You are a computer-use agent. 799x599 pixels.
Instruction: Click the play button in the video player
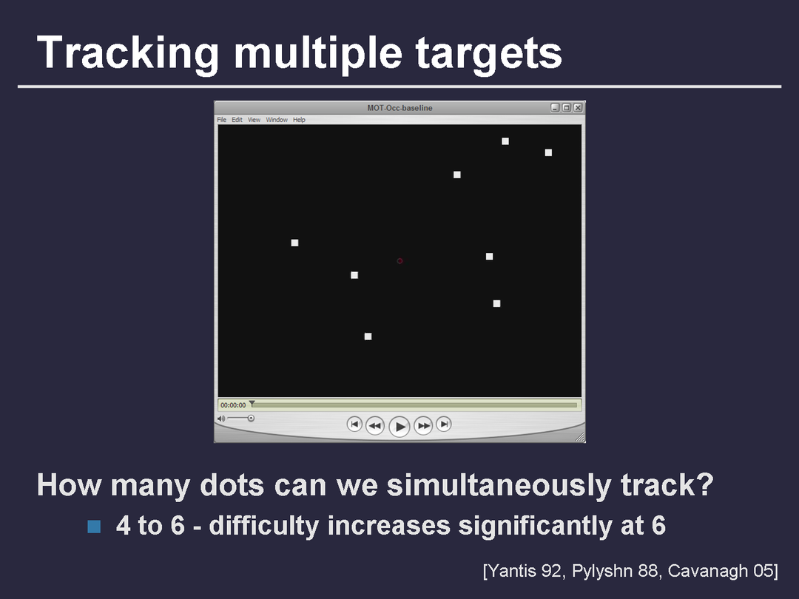point(399,427)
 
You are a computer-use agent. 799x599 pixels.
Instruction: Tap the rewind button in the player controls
point(374,425)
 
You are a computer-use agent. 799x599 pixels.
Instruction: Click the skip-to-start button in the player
point(354,424)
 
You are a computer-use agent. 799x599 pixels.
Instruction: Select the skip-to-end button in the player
point(444,424)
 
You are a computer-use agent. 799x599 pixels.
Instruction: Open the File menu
point(222,120)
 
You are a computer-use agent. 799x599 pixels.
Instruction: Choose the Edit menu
point(237,120)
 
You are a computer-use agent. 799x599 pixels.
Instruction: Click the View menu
point(254,120)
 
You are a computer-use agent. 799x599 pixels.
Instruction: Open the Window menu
point(277,120)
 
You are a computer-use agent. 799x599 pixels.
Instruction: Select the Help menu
point(299,120)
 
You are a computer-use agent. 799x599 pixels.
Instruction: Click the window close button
point(578,107)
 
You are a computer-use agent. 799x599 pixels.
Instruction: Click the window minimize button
point(556,107)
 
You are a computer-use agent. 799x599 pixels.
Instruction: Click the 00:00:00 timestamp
point(233,405)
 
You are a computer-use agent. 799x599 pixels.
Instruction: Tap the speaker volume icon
point(220,419)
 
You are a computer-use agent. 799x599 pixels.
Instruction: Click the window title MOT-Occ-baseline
point(400,108)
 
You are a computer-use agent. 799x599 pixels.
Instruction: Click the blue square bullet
point(94,527)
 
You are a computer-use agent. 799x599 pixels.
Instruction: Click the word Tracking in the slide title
point(128,53)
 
